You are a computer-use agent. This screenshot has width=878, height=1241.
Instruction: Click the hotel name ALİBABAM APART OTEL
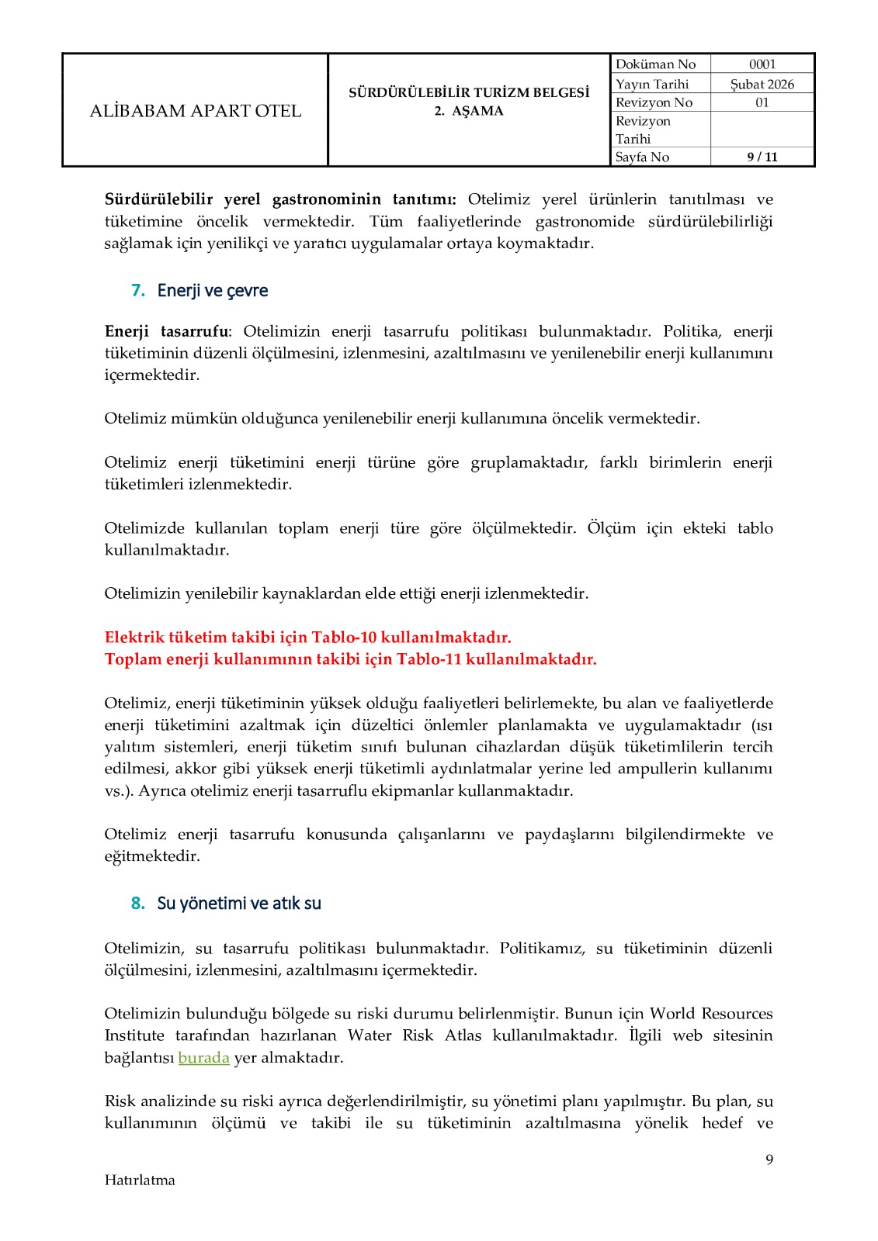196,111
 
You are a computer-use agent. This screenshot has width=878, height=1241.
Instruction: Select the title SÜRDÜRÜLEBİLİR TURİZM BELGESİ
469,92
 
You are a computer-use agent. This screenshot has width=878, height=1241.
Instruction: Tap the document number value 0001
762,64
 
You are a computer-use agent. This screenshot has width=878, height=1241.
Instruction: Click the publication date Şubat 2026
762,84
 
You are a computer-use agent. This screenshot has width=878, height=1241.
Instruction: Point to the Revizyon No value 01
762,102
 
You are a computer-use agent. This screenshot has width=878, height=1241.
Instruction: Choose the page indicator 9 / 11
762,157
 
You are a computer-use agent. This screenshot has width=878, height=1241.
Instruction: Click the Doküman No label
655,64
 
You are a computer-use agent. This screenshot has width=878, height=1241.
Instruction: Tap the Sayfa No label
642,157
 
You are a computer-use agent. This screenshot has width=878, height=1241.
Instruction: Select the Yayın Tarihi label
652,84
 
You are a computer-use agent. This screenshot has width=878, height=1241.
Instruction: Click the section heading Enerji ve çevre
213,290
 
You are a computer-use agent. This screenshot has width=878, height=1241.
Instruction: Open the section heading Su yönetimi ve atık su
239,903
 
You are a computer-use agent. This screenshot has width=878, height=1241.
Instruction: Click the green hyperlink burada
203,1057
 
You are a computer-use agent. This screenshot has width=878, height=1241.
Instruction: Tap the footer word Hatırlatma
140,1180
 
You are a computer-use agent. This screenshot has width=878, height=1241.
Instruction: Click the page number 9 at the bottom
769,1160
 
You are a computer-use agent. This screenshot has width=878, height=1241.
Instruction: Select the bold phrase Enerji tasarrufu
166,331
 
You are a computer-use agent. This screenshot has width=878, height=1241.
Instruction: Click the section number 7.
137,290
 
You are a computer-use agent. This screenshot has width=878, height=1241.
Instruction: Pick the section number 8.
137,903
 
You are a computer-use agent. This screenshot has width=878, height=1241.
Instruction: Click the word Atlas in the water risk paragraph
463,1035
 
